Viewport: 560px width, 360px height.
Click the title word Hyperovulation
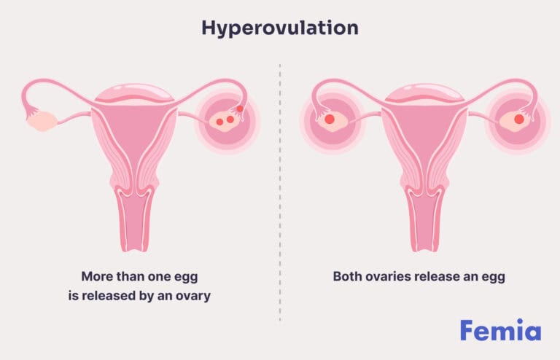(x=280, y=28)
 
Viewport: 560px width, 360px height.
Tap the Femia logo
(x=500, y=331)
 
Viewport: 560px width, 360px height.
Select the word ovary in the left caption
(x=192, y=297)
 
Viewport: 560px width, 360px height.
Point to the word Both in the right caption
(x=349, y=277)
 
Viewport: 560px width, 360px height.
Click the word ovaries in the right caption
(x=390, y=277)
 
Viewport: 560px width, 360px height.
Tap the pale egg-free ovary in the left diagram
(x=41, y=121)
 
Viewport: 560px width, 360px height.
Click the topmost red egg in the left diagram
(x=240, y=109)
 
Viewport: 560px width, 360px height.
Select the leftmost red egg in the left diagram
(x=219, y=122)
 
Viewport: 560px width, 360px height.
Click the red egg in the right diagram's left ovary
(x=329, y=119)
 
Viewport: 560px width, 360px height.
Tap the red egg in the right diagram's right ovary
(x=519, y=119)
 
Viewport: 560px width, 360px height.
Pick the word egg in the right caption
(x=495, y=277)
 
